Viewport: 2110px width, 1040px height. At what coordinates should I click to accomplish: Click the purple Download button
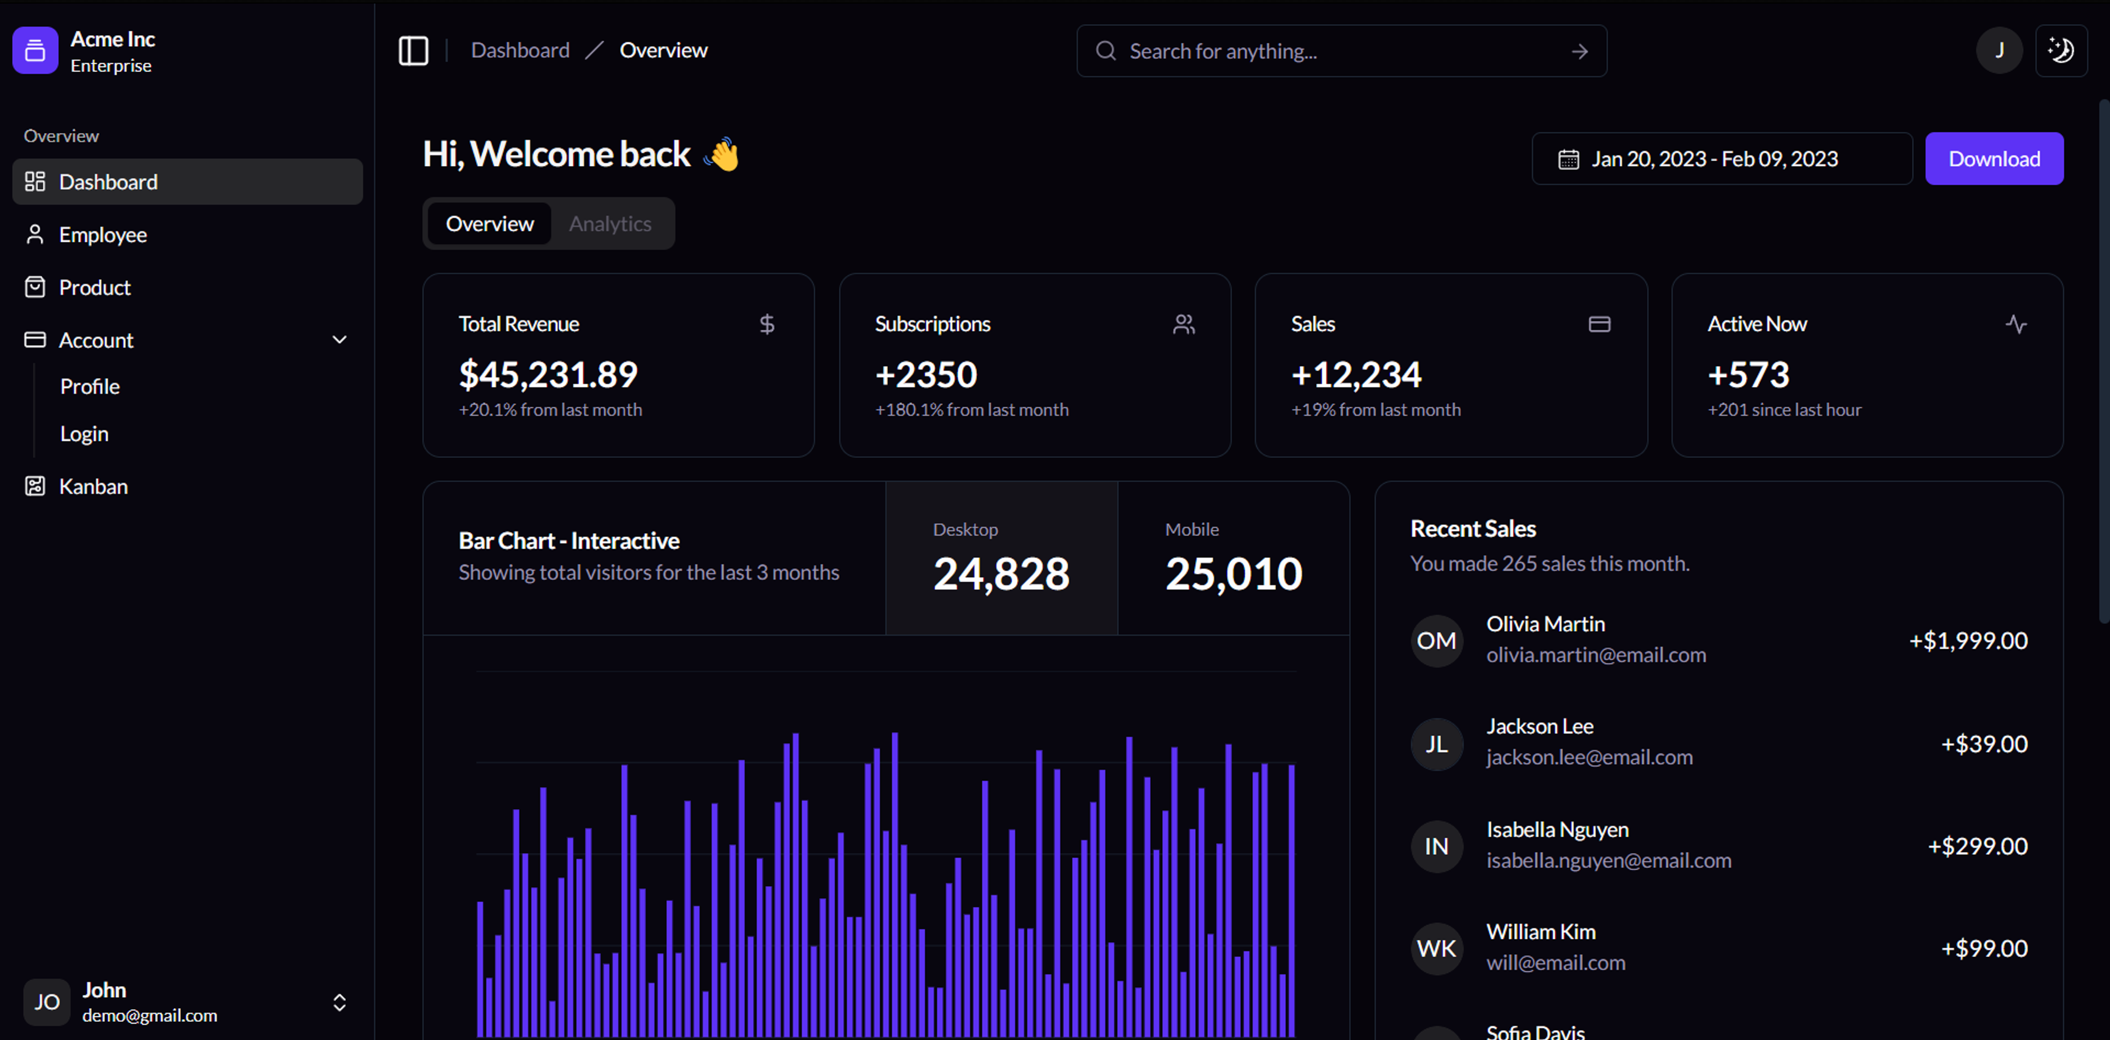1993,159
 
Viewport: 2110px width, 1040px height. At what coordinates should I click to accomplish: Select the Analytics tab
610,224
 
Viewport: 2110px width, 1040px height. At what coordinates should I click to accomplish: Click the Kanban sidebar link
93,486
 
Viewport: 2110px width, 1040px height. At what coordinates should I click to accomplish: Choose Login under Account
85,434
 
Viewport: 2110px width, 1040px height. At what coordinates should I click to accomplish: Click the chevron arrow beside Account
339,340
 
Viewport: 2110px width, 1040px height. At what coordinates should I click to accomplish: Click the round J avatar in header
1998,51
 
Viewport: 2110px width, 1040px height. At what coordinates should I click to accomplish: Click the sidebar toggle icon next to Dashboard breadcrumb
414,51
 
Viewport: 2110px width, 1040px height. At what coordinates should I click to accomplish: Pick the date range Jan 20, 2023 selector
1721,159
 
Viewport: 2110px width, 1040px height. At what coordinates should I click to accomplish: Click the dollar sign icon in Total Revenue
767,324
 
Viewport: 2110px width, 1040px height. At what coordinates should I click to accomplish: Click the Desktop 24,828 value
1001,572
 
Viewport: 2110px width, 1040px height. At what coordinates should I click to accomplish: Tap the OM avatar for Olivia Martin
1436,641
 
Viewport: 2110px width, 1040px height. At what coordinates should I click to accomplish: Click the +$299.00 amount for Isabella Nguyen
1978,846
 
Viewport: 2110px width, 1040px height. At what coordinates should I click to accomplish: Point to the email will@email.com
1556,963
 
